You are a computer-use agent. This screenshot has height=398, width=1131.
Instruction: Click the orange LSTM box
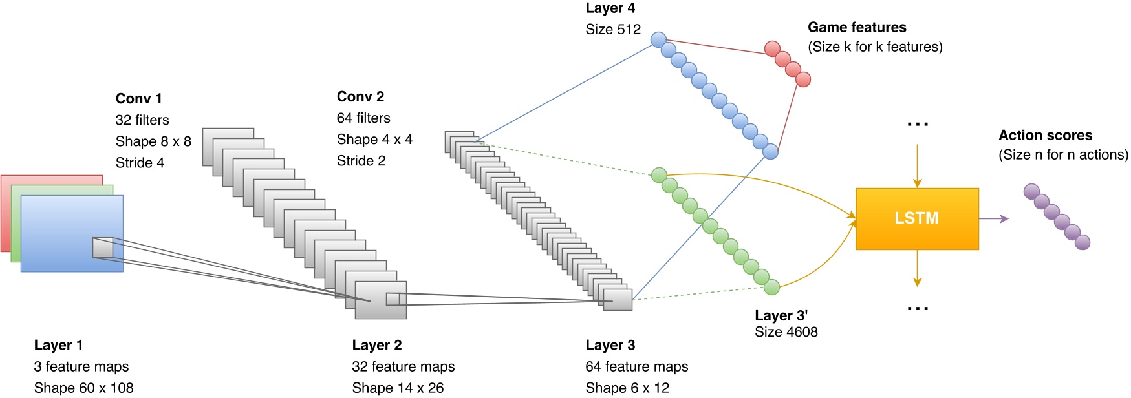coord(916,218)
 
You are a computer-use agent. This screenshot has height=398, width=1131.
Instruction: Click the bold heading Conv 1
coord(138,99)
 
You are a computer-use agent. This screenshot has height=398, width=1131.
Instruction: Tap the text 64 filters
coord(363,118)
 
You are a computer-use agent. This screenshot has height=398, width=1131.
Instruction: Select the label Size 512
coord(613,30)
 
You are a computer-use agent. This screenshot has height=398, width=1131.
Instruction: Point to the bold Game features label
coord(856,28)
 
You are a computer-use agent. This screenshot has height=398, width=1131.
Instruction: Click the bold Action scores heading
coord(1044,136)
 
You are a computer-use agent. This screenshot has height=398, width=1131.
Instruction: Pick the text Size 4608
coord(786,332)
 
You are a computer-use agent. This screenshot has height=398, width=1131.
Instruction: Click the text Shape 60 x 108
coord(83,388)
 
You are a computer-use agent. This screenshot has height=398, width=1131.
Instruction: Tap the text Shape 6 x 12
coord(627,388)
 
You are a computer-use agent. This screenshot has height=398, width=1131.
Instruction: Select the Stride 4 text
coord(140,163)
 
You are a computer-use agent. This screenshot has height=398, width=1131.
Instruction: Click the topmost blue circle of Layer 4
coord(658,39)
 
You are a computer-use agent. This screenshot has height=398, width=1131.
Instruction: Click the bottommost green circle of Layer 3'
coord(771,287)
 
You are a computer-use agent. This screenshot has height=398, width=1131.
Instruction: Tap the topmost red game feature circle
coord(772,48)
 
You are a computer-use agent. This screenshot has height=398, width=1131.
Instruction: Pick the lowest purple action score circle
coord(1082,242)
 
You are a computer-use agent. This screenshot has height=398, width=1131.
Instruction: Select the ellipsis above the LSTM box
coord(917,123)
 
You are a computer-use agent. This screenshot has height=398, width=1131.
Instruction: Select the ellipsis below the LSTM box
coord(917,309)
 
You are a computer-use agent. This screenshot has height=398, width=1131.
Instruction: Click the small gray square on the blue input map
coord(103,248)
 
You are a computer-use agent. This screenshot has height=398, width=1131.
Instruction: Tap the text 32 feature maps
coord(403,367)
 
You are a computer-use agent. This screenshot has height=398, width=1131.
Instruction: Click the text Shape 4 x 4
coord(374,140)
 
